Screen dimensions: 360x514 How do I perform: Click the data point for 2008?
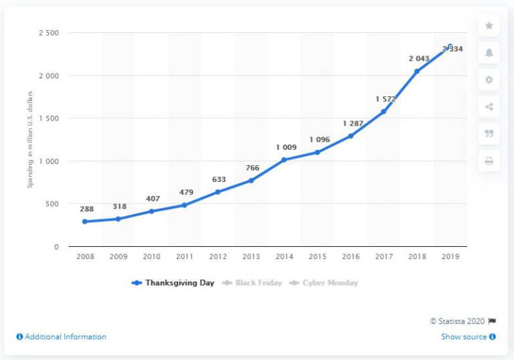[x=84, y=221]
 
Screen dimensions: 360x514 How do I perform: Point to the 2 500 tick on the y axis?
[x=47, y=33]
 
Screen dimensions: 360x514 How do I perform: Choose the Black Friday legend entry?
[x=255, y=283]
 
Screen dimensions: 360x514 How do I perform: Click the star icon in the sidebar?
[x=489, y=26]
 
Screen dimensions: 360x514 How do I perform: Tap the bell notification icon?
[x=489, y=53]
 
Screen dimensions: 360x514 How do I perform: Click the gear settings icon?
[x=489, y=80]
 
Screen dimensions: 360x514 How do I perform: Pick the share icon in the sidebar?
[x=489, y=106]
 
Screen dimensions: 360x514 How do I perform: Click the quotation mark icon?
[x=489, y=133]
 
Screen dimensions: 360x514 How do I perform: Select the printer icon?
[x=489, y=161]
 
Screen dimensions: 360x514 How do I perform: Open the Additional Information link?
[x=61, y=337]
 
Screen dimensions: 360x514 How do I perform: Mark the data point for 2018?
[x=416, y=71]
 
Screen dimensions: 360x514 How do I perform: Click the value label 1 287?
[x=353, y=123]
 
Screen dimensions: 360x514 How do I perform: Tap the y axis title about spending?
[x=30, y=140]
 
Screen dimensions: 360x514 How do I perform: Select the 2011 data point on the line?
[x=184, y=205]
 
